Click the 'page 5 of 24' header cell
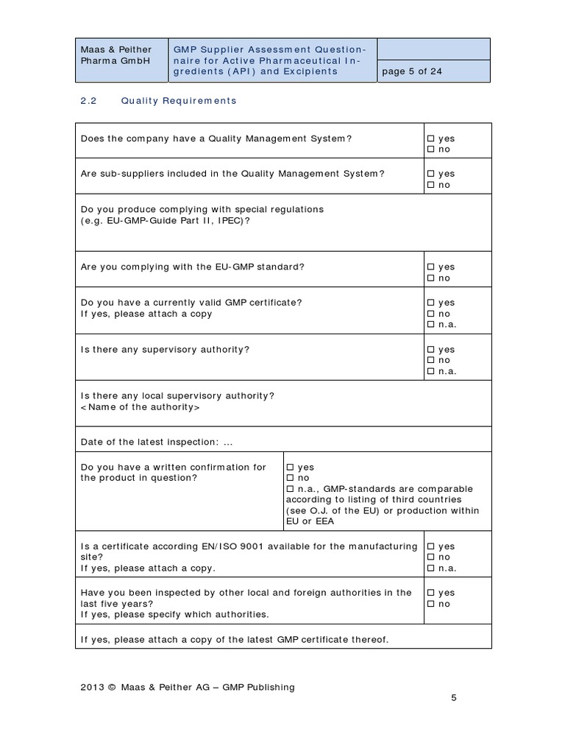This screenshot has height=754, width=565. tap(411, 71)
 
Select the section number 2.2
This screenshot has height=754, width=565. tap(88, 100)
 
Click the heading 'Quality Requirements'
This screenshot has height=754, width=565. tap(179, 100)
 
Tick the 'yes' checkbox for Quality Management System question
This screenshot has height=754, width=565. tap(430, 138)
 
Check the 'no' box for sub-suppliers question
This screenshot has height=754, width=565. tap(430, 185)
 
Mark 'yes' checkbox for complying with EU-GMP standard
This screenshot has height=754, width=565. tap(430, 267)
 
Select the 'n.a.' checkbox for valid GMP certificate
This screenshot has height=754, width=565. tap(430, 325)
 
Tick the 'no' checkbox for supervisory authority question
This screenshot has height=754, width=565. tap(430, 360)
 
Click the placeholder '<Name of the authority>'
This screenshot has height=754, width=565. tap(140, 407)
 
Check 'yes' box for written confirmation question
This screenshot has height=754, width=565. tap(289, 468)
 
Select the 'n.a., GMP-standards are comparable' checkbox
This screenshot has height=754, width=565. tap(289, 489)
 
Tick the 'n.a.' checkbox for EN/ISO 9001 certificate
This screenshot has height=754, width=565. tap(430, 568)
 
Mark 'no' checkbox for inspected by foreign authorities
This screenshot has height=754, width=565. tap(430, 604)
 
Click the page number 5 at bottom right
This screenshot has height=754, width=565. tap(454, 698)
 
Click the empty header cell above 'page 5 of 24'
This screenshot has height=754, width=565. tap(433, 49)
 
